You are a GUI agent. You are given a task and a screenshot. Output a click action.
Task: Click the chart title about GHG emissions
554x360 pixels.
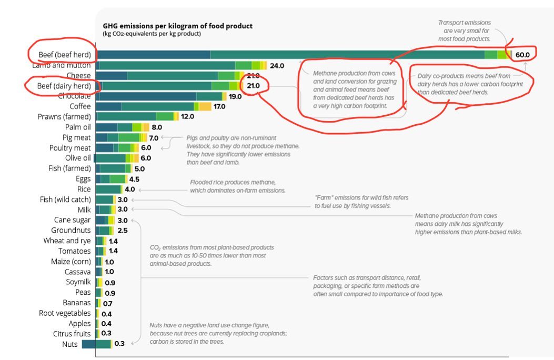click(177, 26)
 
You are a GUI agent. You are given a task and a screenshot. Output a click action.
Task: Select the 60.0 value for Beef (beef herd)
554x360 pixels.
click(526, 55)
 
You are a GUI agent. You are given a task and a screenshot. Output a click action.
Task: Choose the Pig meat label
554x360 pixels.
click(76, 137)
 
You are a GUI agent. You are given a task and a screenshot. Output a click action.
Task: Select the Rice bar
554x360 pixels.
click(109, 189)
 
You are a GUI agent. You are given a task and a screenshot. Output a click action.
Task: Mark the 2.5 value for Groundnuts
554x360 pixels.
click(122, 231)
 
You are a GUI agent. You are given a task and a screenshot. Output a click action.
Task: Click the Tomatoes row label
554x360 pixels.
click(74, 251)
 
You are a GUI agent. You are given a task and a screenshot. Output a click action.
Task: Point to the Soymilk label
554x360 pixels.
click(76, 282)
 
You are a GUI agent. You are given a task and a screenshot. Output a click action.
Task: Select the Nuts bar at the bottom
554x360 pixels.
click(97, 344)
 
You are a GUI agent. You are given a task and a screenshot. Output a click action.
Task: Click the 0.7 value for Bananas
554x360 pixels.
click(108, 303)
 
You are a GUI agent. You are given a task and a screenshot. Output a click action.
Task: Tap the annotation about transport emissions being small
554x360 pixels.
click(464, 31)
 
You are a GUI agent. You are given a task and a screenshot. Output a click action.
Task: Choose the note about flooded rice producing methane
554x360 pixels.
click(237, 186)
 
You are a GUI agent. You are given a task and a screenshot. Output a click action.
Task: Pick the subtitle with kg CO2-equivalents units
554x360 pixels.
click(152, 34)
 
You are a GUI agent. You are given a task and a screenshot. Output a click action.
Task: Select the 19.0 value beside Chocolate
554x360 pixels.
click(235, 96)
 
